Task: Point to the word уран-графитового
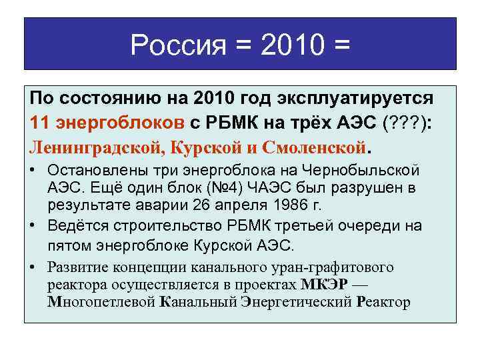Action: point(337,268)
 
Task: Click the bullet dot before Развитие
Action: point(32,268)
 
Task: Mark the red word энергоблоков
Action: point(120,121)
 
